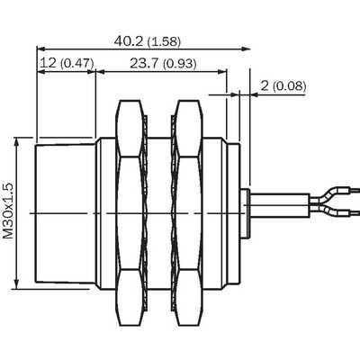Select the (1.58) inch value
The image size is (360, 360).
click(x=165, y=41)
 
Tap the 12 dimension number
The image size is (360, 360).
click(x=49, y=63)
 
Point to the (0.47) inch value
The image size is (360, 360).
click(x=77, y=63)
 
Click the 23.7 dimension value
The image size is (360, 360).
click(x=145, y=63)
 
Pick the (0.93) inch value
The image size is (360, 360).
click(x=180, y=64)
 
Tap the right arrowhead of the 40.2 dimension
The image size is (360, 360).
click(x=247, y=49)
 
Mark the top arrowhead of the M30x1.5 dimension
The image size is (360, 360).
click(x=16, y=142)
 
